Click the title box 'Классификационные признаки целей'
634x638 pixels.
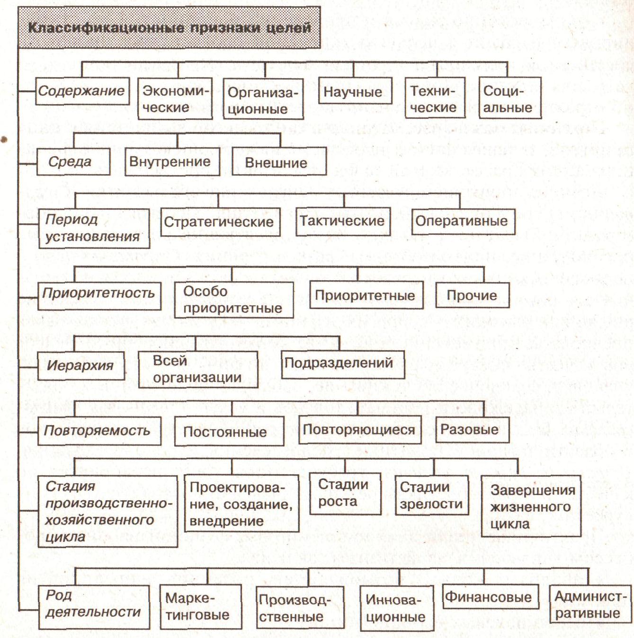169,27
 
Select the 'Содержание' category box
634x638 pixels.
82,91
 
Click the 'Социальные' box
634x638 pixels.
509,99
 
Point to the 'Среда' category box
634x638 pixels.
73,162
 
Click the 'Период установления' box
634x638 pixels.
93,228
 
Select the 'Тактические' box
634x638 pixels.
342,221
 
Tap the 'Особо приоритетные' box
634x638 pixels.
233,300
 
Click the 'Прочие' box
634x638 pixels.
472,295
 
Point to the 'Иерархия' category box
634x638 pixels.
80,365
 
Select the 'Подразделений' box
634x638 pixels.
342,363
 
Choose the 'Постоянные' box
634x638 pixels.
228,431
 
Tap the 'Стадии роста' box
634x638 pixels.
344,493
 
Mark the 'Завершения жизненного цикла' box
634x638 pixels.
530,506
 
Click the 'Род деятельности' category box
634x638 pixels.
93,607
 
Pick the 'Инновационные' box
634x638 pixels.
397,608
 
